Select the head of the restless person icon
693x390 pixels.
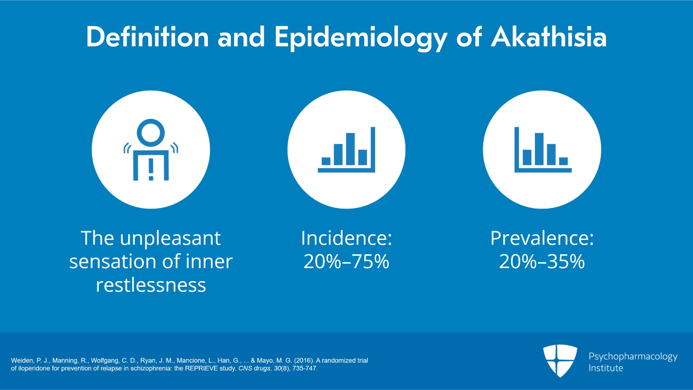(151, 133)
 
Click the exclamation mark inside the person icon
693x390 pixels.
(151, 170)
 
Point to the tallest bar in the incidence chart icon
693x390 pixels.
(350, 149)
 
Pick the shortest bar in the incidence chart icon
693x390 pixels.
(326, 161)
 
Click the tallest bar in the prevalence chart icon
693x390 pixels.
(539, 149)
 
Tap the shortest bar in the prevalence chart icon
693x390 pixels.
(563, 161)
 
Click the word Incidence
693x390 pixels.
(346, 238)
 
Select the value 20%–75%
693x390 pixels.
(346, 262)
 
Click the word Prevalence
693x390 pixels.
(542, 238)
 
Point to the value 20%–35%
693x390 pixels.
(542, 262)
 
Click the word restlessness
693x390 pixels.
(151, 285)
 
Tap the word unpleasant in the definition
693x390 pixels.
(170, 239)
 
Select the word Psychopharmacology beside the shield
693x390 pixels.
(633, 357)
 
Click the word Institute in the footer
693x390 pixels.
(606, 368)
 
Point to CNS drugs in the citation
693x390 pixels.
(254, 369)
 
